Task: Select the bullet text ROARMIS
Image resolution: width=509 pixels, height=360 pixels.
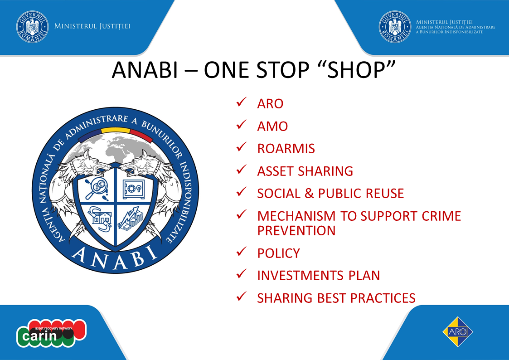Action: click(x=286, y=149)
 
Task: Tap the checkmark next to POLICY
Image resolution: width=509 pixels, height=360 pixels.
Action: click(x=242, y=252)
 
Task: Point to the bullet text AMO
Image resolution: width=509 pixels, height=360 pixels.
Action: click(x=272, y=126)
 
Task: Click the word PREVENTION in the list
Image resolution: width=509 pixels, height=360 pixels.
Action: click(x=296, y=230)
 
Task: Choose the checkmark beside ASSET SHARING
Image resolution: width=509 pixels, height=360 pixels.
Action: click(x=242, y=169)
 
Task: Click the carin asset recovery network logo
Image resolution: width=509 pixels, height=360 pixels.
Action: click(x=51, y=333)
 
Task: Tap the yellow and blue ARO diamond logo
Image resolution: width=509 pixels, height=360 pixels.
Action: click(x=458, y=332)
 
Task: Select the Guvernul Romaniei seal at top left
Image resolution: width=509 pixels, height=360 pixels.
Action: click(x=33, y=27)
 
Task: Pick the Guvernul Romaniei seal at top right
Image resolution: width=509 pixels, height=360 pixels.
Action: click(x=395, y=27)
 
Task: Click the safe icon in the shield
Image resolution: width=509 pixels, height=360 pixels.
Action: click(x=133, y=189)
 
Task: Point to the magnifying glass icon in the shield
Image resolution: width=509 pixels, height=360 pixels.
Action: click(x=97, y=189)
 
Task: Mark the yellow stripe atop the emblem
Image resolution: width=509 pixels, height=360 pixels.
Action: click(x=116, y=130)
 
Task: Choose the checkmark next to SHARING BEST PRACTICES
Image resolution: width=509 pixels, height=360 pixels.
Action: click(x=242, y=297)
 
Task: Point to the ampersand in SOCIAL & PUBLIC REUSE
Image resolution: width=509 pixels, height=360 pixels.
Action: click(x=309, y=194)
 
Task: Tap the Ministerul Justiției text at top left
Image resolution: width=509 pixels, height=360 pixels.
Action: click(x=92, y=26)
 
